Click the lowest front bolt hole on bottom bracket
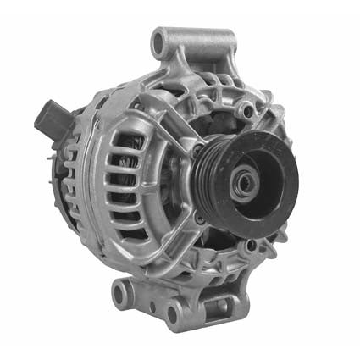pyautogui.click(x=174, y=315)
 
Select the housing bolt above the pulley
pyautogui.click(x=246, y=110)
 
